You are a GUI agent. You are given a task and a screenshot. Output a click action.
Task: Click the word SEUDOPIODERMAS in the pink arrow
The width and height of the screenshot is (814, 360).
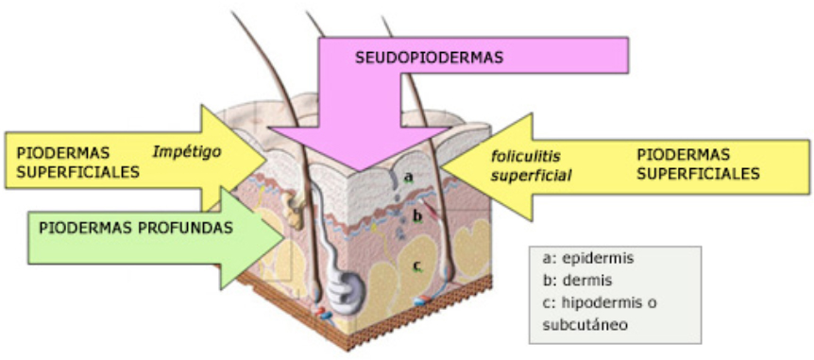[429, 58]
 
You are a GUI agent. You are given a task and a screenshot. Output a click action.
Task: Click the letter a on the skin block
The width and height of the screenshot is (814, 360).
[408, 176]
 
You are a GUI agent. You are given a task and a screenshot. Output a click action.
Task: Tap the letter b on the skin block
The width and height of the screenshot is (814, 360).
[416, 215]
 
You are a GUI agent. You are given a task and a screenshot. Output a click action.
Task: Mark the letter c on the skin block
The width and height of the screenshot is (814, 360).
[416, 266]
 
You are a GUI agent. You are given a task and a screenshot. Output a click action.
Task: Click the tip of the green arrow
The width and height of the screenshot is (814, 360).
[282, 237]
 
